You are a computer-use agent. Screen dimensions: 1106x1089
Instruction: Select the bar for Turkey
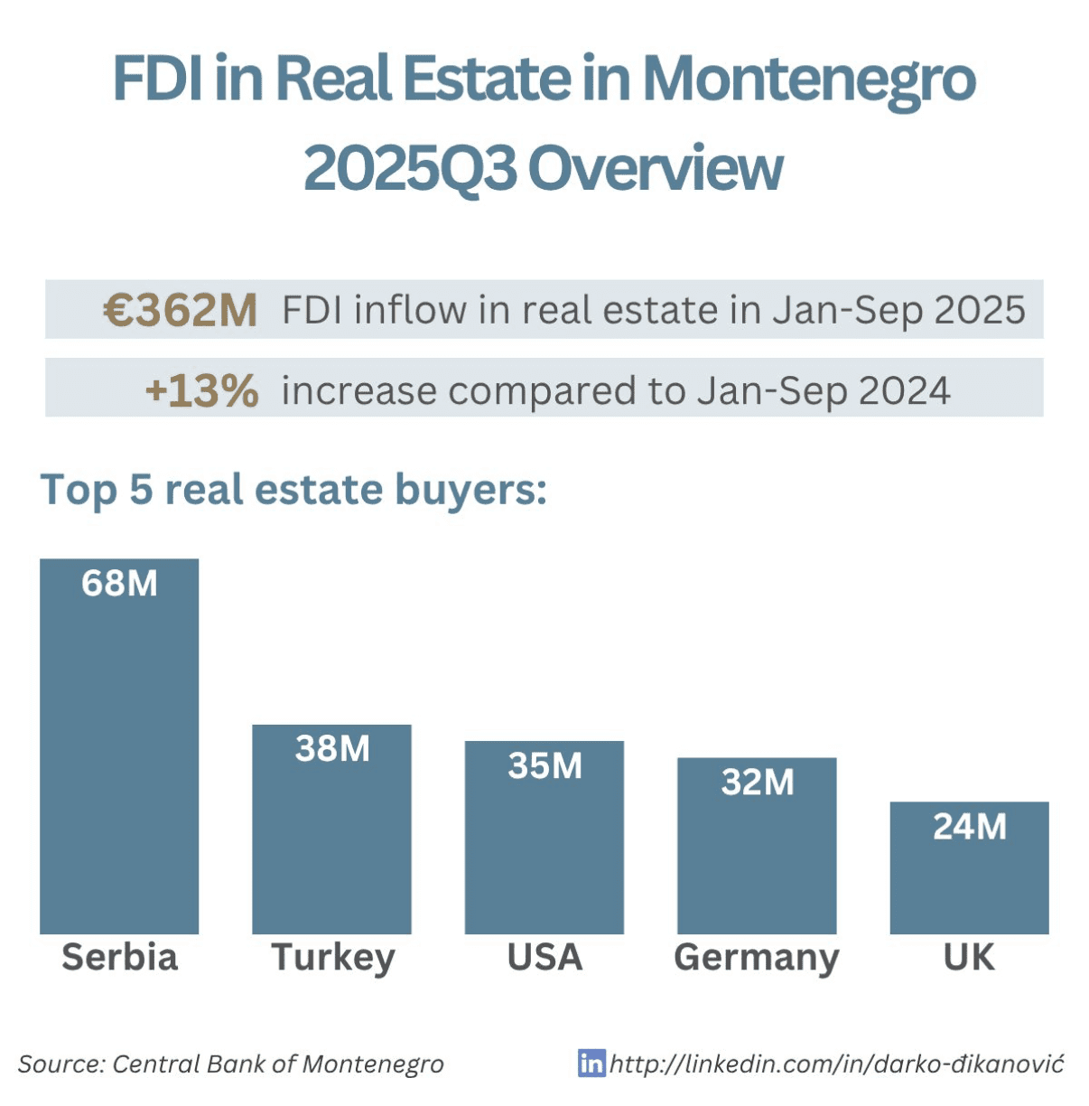point(331,840)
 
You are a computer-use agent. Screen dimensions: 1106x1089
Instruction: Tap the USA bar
point(544,849)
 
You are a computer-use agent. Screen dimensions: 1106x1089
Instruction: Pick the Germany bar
point(757,858)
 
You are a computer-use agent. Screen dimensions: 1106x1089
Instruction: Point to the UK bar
point(969,876)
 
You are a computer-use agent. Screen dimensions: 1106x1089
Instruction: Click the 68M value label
point(119,584)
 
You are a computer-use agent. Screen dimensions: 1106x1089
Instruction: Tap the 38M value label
point(332,749)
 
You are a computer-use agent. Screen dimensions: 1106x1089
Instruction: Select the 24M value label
point(969,827)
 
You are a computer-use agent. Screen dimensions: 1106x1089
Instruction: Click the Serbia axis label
point(119,957)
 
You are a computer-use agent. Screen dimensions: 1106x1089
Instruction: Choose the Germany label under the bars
point(757,958)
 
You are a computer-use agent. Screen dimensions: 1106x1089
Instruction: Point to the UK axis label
point(969,957)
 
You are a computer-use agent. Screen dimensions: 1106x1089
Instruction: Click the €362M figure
point(181,310)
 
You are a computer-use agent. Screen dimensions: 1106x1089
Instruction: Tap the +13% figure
point(201,391)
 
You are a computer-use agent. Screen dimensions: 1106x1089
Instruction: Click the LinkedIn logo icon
point(591,1063)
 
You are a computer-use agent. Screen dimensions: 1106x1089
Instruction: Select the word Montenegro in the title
point(809,80)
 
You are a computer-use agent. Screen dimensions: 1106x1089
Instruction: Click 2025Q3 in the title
point(410,169)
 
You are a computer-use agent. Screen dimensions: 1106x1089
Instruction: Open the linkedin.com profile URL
point(836,1064)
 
